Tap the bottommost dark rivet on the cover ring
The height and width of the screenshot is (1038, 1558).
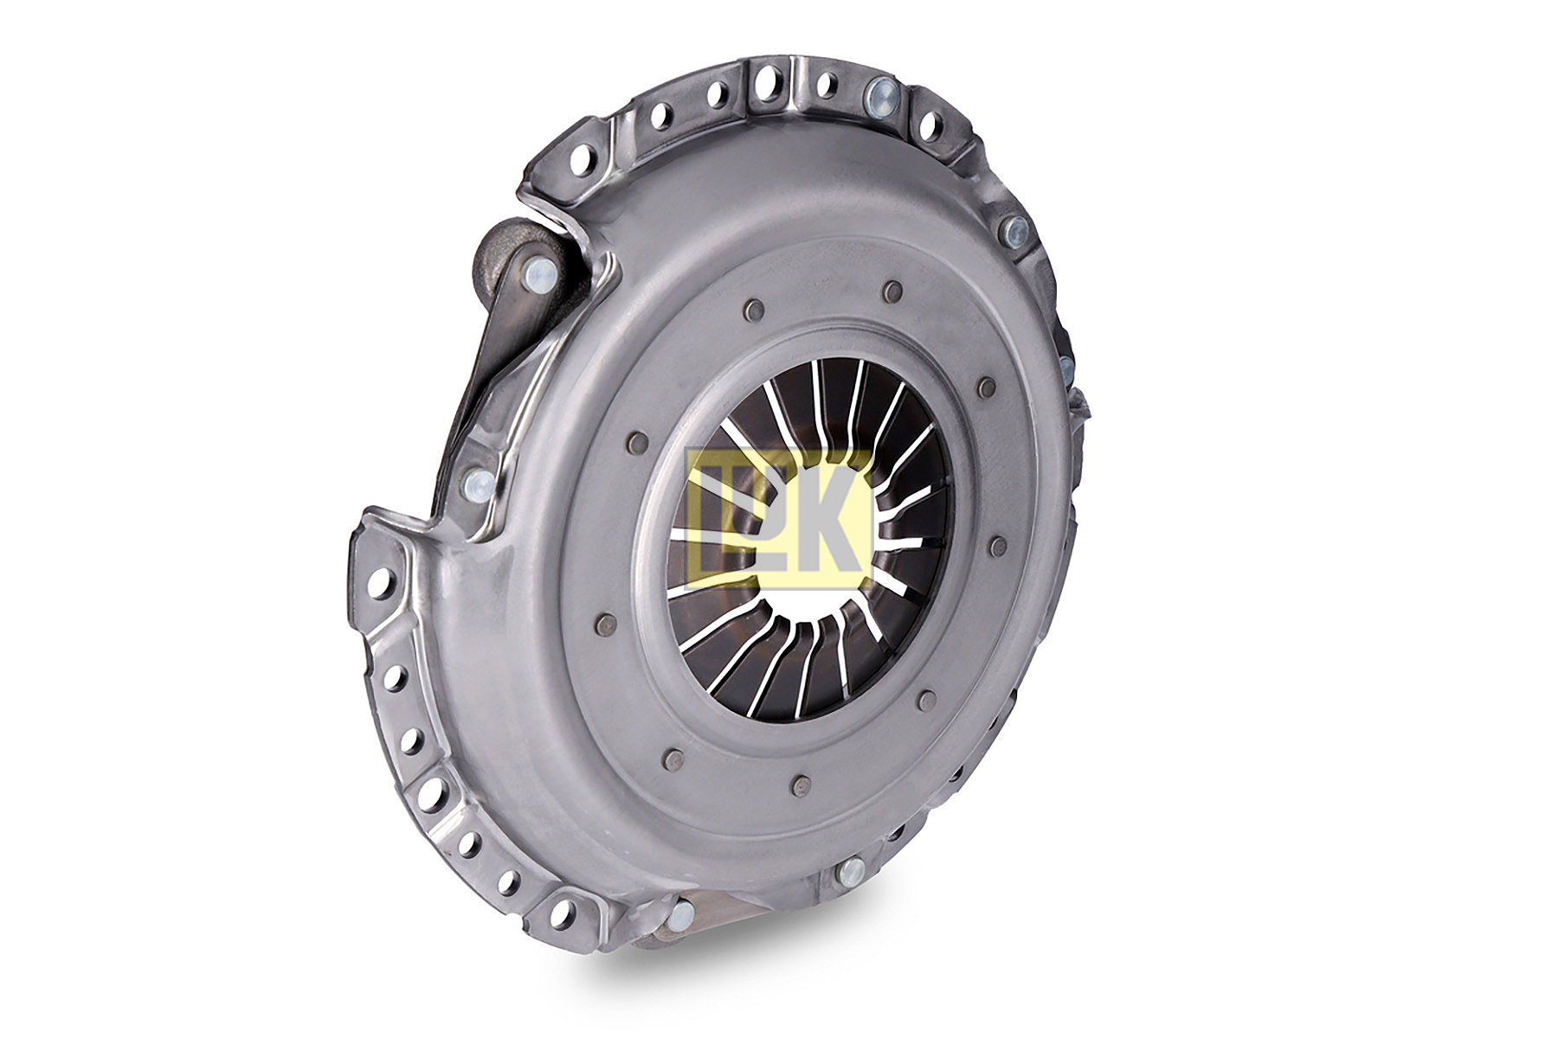(x=801, y=785)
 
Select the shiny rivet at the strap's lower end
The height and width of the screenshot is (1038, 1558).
(x=478, y=482)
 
